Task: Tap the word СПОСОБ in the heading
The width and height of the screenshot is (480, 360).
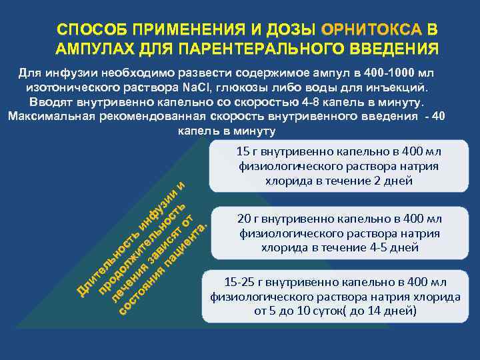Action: pos(93,31)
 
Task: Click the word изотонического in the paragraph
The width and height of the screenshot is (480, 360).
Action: pos(69,87)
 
